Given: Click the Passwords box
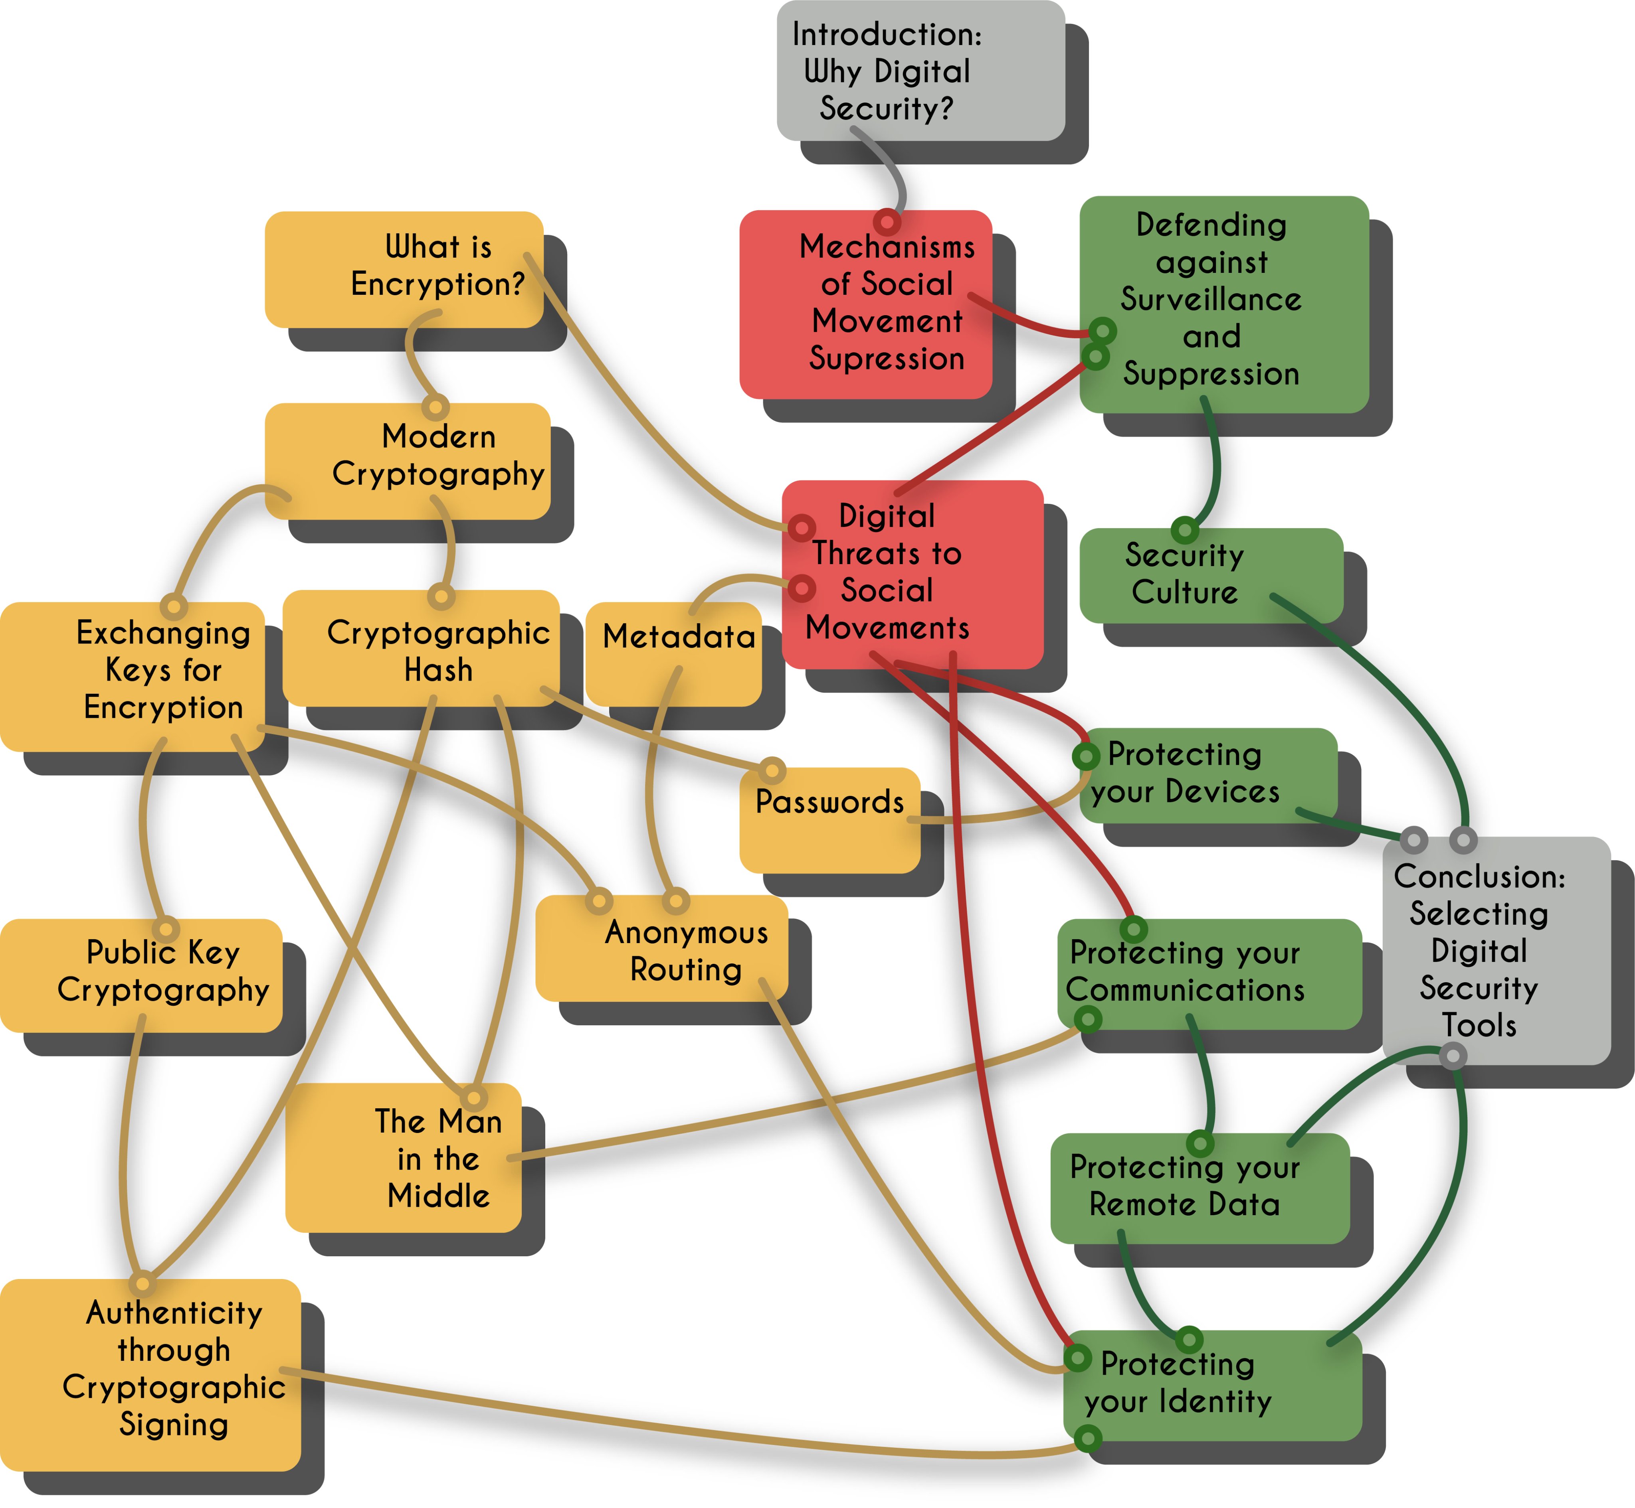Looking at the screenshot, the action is pos(829,820).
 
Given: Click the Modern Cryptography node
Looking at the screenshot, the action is pos(407,461).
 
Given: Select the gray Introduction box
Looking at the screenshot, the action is pos(921,70).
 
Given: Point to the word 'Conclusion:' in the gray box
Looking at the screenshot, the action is pos(1479,876).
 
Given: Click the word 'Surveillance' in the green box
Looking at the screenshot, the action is pos(1211,300).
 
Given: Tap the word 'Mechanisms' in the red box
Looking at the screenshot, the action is pos(887,247).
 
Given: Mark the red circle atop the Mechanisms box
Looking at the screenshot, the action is pos(887,221).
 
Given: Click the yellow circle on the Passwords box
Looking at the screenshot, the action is pos(771,770).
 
